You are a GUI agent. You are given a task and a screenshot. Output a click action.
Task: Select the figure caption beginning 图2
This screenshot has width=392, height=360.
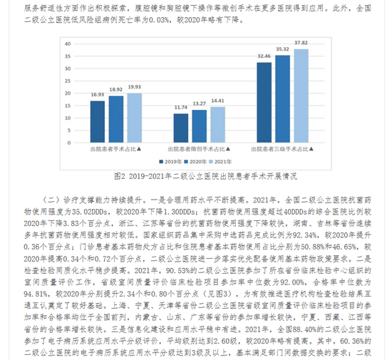click(x=195, y=175)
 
